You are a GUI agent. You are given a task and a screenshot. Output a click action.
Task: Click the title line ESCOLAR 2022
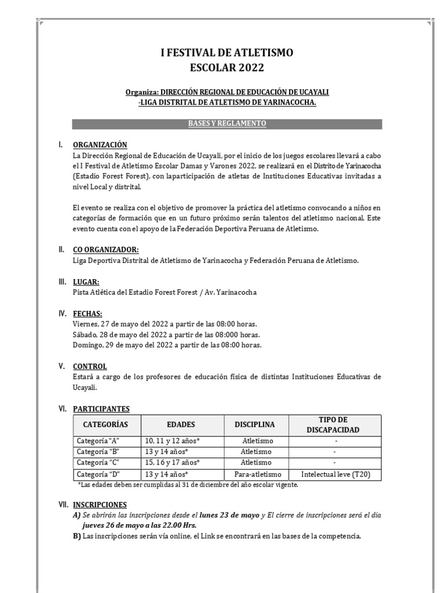227,68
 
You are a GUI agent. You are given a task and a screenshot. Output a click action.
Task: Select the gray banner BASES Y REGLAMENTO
227,124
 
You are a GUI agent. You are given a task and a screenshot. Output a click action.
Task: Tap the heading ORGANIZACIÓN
100,145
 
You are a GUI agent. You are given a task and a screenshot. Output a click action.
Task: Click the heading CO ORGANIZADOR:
105,250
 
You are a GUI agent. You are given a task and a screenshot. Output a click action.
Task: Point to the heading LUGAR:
86,281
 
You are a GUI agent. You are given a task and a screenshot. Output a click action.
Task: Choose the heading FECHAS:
87,313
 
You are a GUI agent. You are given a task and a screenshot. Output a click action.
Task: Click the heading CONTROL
90,366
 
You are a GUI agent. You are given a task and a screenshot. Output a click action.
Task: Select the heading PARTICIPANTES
101,408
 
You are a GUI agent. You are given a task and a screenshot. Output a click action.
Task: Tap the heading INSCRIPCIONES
100,504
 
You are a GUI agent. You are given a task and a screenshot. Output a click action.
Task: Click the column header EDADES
181,424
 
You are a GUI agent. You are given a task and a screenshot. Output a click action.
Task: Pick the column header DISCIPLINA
255,424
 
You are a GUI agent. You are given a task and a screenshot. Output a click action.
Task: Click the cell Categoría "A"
98,441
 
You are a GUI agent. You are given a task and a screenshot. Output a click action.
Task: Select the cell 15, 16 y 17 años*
172,463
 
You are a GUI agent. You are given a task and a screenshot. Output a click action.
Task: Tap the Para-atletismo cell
257,474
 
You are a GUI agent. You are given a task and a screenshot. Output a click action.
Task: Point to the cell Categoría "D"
98,474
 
